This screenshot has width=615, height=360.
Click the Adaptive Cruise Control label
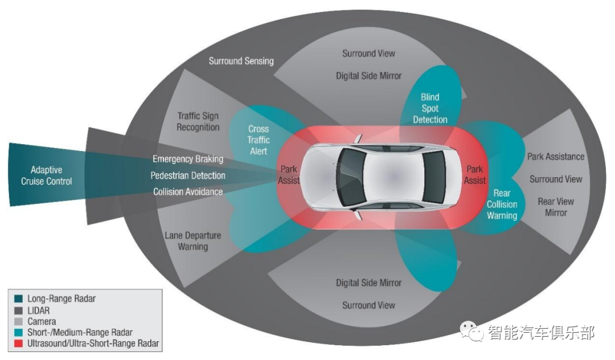click(47, 175)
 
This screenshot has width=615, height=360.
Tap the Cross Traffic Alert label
click(259, 140)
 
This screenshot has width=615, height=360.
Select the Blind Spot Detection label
click(430, 108)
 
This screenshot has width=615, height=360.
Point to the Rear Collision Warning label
click(502, 204)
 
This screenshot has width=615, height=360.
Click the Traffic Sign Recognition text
click(198, 121)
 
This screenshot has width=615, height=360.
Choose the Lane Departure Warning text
click(192, 241)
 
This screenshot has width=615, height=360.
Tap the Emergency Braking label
click(188, 159)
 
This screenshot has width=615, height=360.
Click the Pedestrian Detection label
click(188, 175)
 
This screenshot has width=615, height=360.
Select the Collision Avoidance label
click(188, 192)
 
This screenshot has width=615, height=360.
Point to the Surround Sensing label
click(241, 61)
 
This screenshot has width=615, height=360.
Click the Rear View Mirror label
click(556, 207)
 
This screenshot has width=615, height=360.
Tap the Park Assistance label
click(556, 157)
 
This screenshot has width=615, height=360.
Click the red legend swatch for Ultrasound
click(18, 343)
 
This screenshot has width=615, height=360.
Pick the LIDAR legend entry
click(38, 310)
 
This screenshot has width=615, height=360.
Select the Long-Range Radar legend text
click(61, 298)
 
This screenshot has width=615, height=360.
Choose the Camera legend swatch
click(18, 321)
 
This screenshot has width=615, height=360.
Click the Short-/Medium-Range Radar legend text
click(80, 332)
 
